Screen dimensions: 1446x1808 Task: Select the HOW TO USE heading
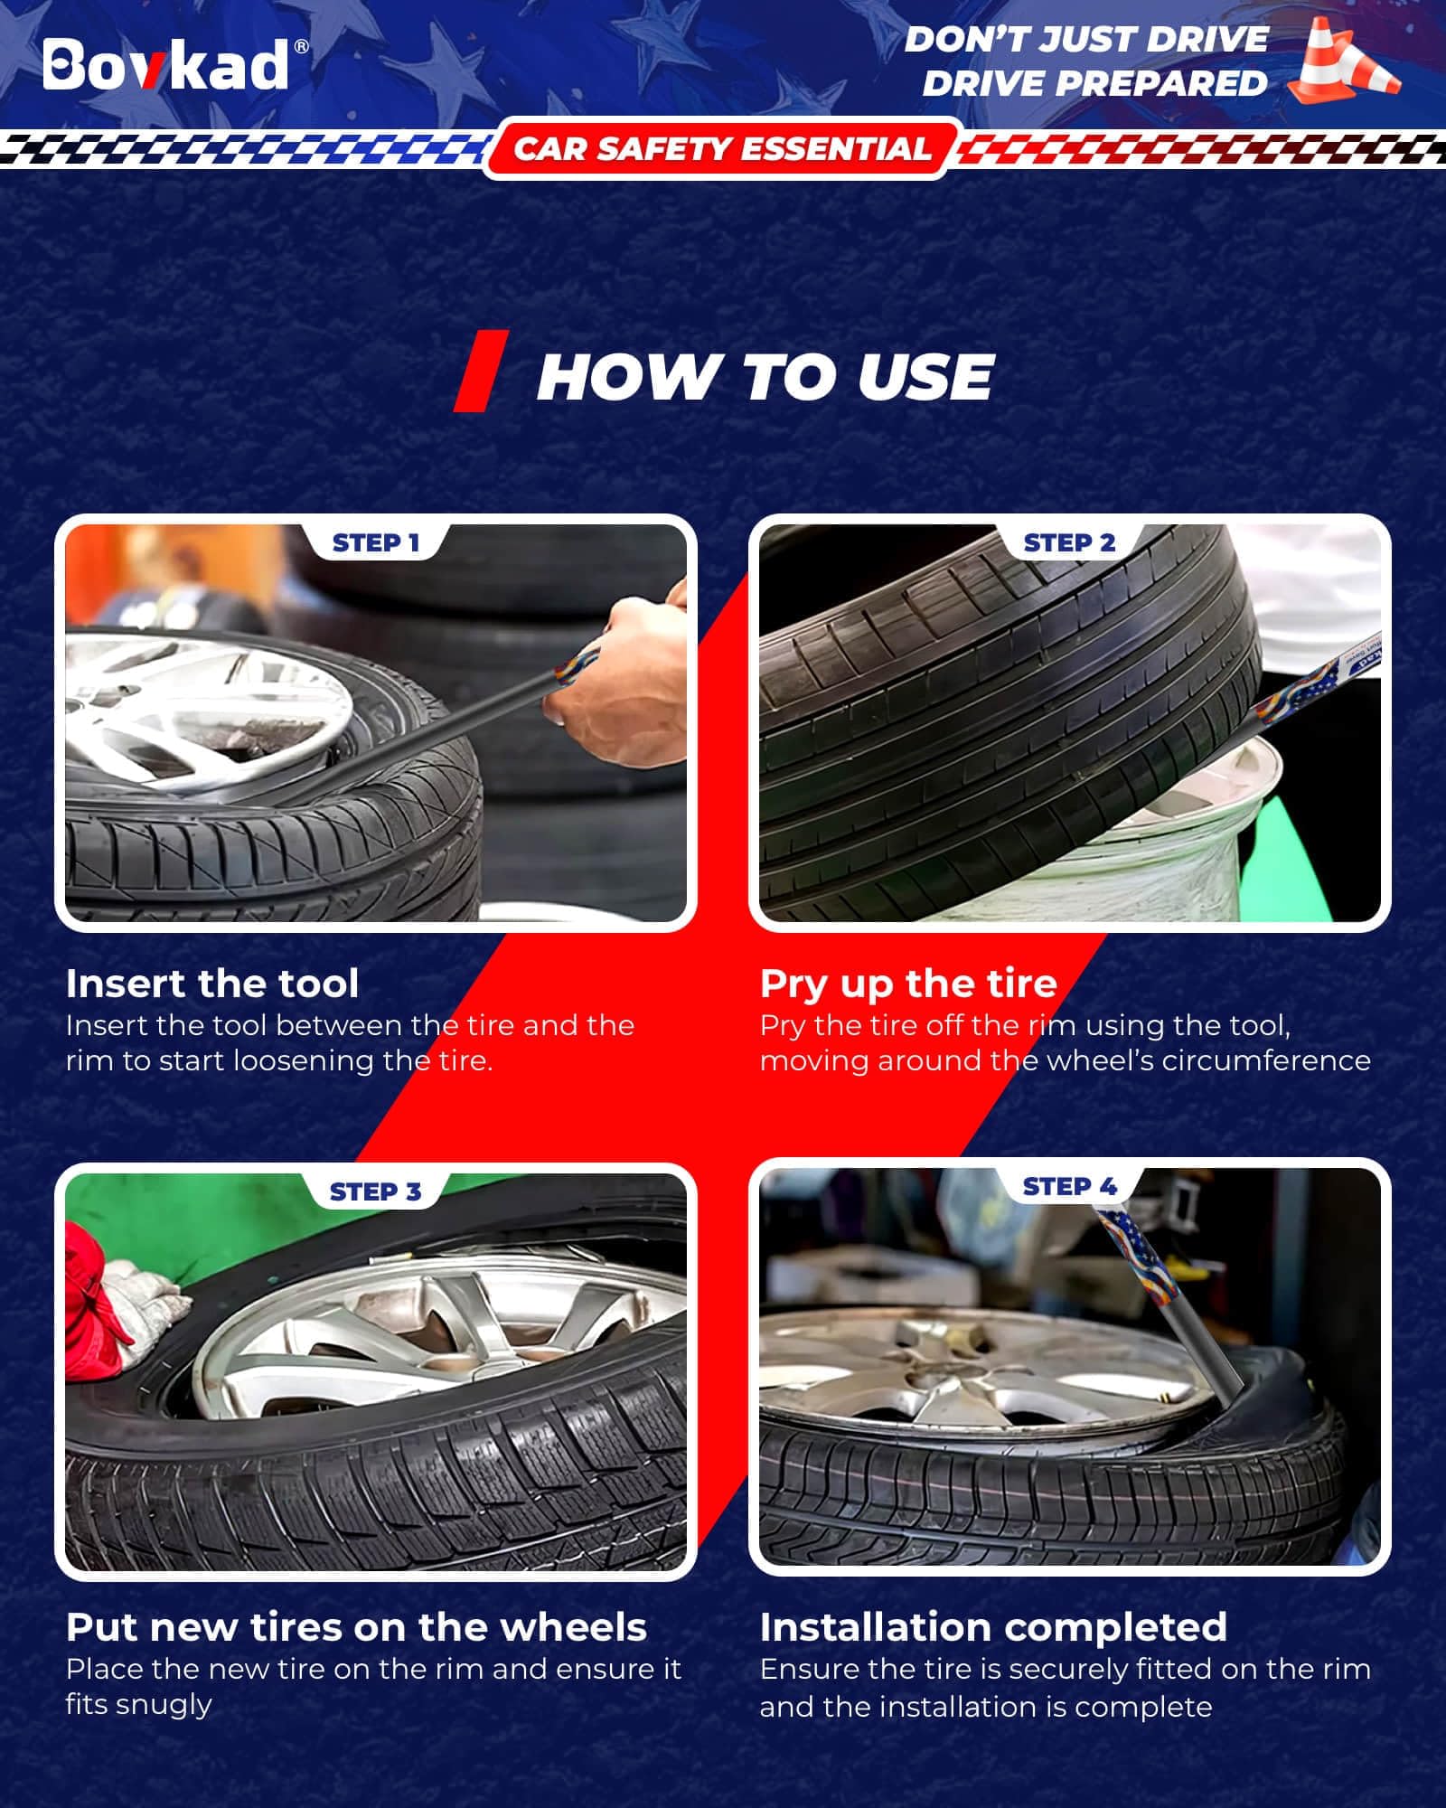(765, 376)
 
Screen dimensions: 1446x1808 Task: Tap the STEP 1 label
(376, 542)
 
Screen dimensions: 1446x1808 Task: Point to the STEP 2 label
(1069, 542)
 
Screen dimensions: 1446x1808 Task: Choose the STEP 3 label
(376, 1191)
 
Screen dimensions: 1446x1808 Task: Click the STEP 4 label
(1069, 1186)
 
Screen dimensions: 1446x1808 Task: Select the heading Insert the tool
(212, 983)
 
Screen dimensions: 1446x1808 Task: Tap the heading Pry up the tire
(908, 984)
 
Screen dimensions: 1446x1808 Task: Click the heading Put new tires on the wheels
(356, 1627)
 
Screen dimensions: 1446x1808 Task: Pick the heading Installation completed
(993, 1627)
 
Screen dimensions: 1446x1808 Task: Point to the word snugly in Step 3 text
(138, 1705)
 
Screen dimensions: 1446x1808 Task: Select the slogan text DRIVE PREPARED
(1094, 83)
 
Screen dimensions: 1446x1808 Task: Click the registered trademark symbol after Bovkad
(302, 47)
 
